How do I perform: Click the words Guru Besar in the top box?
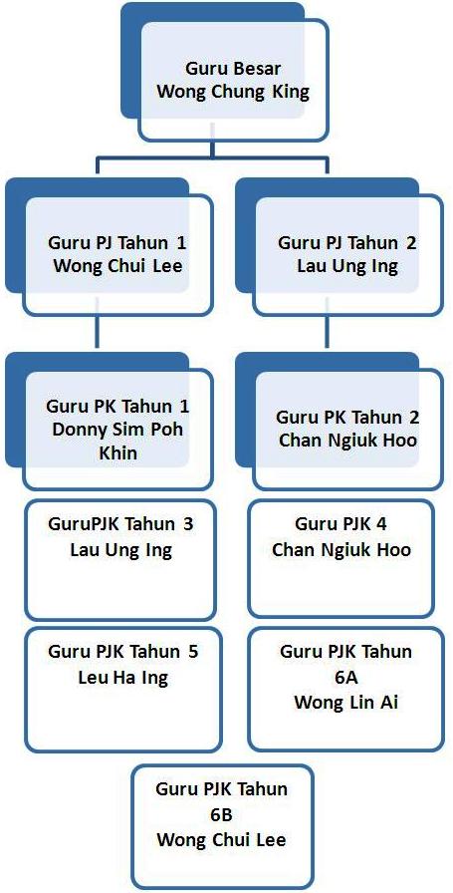(233, 70)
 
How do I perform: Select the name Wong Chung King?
(233, 92)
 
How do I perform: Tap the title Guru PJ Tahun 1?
(117, 244)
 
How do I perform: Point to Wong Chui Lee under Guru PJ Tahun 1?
(117, 265)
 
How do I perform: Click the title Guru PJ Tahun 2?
(347, 243)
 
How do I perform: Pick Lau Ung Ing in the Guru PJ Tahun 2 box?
(347, 265)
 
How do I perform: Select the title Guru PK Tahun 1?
(117, 407)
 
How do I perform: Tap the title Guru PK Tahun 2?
(347, 418)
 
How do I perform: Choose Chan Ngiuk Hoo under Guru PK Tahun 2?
(347, 440)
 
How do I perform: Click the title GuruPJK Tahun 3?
(120, 524)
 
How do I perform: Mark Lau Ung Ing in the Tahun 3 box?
(120, 551)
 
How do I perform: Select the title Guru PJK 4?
(341, 524)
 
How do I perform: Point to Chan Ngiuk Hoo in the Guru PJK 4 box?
(341, 551)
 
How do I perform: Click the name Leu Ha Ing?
(122, 679)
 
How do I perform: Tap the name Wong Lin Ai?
(346, 703)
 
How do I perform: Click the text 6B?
(221, 814)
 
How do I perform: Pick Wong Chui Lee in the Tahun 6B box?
(221, 840)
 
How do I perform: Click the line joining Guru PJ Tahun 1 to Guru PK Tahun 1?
(97, 331)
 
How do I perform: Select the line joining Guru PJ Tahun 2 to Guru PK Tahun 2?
(327, 331)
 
